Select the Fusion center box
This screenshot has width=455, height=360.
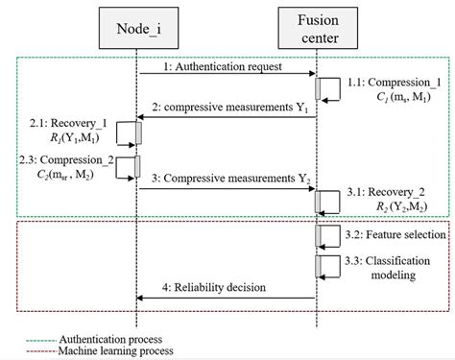pos(317,30)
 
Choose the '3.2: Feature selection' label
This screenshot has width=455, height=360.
pos(395,233)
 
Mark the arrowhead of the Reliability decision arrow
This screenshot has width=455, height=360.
pos(141,299)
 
